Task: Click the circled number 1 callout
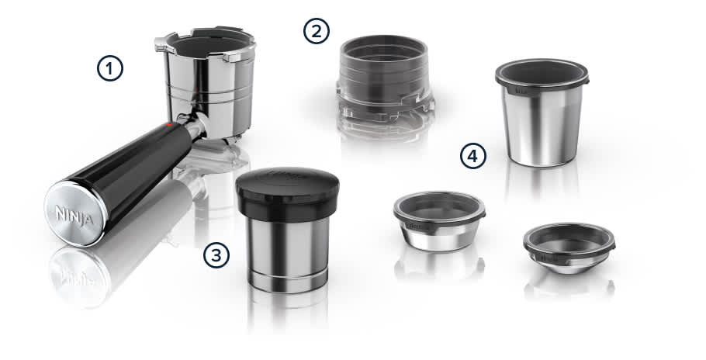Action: pyautogui.click(x=110, y=68)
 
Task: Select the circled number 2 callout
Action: pyautogui.click(x=316, y=32)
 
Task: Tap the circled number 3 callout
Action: pyautogui.click(x=217, y=254)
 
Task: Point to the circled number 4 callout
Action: pyautogui.click(x=472, y=156)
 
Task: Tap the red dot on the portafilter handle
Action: pyautogui.click(x=168, y=124)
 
